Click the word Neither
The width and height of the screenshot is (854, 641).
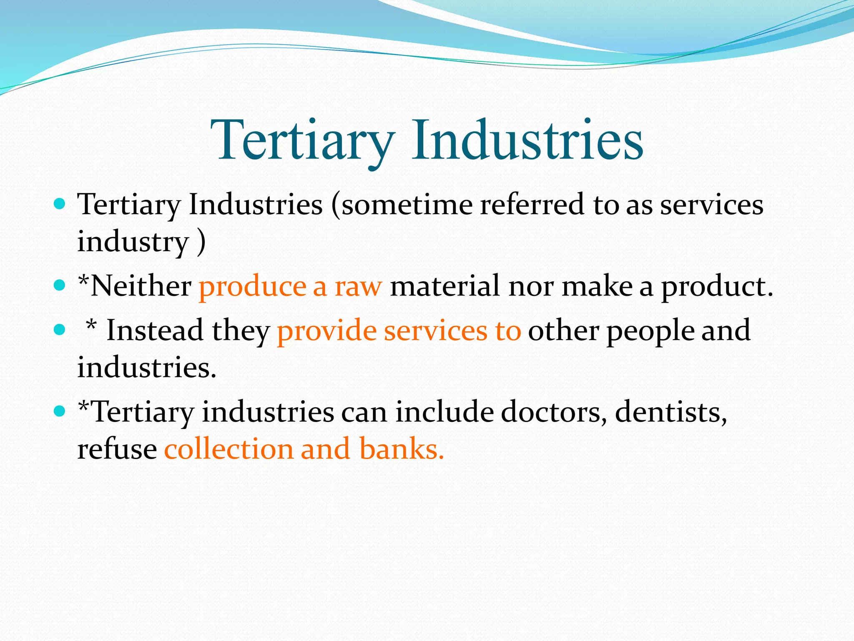(141, 286)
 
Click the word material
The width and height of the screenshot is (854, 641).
(445, 286)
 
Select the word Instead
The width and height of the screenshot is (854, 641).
(155, 330)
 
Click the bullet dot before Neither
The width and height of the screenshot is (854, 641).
(60, 285)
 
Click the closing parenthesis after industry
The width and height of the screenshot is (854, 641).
(201, 242)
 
